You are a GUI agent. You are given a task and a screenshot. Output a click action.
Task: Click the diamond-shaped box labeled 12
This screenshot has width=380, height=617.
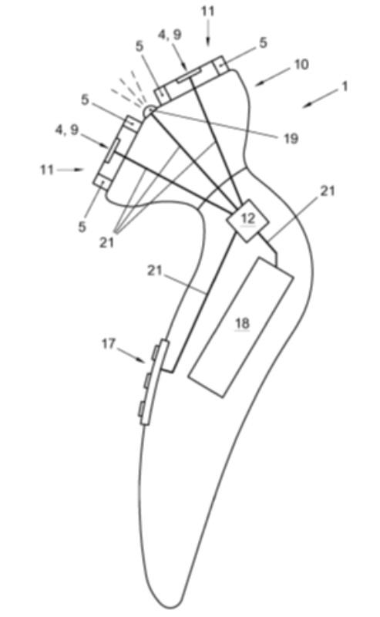click(x=247, y=221)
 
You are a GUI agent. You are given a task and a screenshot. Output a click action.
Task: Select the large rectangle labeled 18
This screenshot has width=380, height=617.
click(x=241, y=327)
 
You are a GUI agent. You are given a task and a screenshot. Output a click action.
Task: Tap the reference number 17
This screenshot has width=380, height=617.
click(x=109, y=344)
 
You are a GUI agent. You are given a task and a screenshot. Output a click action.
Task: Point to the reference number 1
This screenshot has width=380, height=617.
click(x=345, y=86)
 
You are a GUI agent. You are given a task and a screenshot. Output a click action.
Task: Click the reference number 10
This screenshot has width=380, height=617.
click(x=301, y=64)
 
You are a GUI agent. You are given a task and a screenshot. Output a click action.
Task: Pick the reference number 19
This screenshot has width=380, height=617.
click(x=291, y=139)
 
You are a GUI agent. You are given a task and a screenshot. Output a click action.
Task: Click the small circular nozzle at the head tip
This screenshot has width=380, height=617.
click(x=149, y=110)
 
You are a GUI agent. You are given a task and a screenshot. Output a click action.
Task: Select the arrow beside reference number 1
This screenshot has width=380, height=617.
click(x=320, y=98)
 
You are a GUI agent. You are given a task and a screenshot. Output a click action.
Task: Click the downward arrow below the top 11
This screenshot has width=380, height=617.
click(x=208, y=32)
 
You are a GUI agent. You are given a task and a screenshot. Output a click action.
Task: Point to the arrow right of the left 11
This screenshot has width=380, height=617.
click(x=70, y=170)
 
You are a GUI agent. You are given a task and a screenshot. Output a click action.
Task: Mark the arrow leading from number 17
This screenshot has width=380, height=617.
click(x=130, y=354)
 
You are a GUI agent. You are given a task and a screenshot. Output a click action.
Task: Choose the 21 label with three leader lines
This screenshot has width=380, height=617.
click(x=106, y=242)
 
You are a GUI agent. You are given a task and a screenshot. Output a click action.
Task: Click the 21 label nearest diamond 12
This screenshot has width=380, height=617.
click(x=328, y=190)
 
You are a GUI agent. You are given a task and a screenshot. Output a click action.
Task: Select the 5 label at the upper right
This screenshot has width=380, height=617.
click(x=263, y=42)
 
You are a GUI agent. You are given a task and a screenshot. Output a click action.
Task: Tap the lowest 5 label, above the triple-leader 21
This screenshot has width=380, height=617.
click(x=82, y=227)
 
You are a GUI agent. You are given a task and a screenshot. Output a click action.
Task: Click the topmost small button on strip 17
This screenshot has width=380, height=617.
click(x=156, y=352)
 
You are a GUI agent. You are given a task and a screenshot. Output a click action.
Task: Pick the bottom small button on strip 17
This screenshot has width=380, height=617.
click(x=142, y=409)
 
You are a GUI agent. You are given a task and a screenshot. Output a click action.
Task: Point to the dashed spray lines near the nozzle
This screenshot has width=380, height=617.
click(x=129, y=89)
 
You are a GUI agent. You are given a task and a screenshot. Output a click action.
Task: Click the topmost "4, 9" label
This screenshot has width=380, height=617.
click(x=170, y=35)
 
